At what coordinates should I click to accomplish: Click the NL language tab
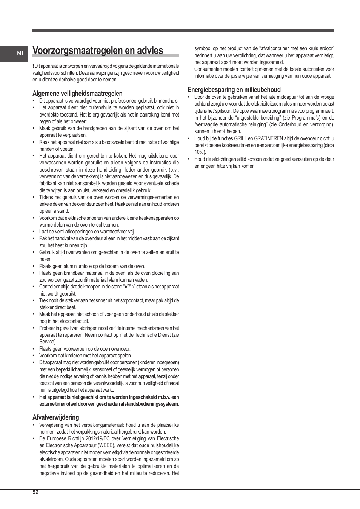pyautogui.click(x=21, y=54)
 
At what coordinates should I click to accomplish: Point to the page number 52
pyautogui.click(x=35, y=492)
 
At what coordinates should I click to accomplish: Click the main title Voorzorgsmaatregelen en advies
pyautogui.click(x=98, y=51)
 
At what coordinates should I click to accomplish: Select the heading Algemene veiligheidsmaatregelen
pyautogui.click(x=77, y=94)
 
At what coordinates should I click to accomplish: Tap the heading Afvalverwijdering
pyautogui.click(x=56, y=417)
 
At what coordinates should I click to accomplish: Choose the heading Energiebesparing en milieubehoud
pyautogui.click(x=234, y=90)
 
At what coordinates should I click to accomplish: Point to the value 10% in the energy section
pyautogui.click(x=199, y=152)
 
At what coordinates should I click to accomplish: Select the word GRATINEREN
pyautogui.click(x=268, y=138)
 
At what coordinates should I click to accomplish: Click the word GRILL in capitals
pyautogui.click(x=240, y=138)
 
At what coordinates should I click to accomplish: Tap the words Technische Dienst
pyautogui.click(x=152, y=335)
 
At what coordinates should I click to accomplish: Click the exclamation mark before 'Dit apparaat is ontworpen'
pyautogui.click(x=33, y=66)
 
